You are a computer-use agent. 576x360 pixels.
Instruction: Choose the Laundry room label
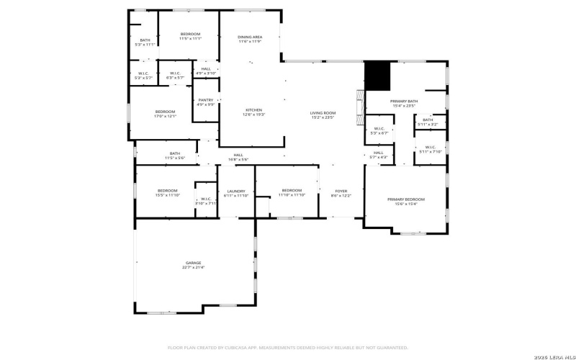pyautogui.click(x=236, y=193)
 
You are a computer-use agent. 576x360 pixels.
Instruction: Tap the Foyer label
pyautogui.click(x=341, y=193)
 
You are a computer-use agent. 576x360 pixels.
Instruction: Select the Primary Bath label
pyautogui.click(x=404, y=103)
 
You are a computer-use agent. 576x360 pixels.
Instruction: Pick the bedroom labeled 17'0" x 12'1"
pyautogui.click(x=166, y=113)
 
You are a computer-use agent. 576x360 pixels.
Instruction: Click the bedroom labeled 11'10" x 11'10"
pyautogui.click(x=292, y=192)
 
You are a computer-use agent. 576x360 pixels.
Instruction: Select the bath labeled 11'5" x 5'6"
pyautogui.click(x=175, y=155)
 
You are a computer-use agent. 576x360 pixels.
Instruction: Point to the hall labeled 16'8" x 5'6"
pyautogui.click(x=238, y=157)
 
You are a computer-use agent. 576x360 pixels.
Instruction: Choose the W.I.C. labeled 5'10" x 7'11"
pyautogui.click(x=205, y=201)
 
